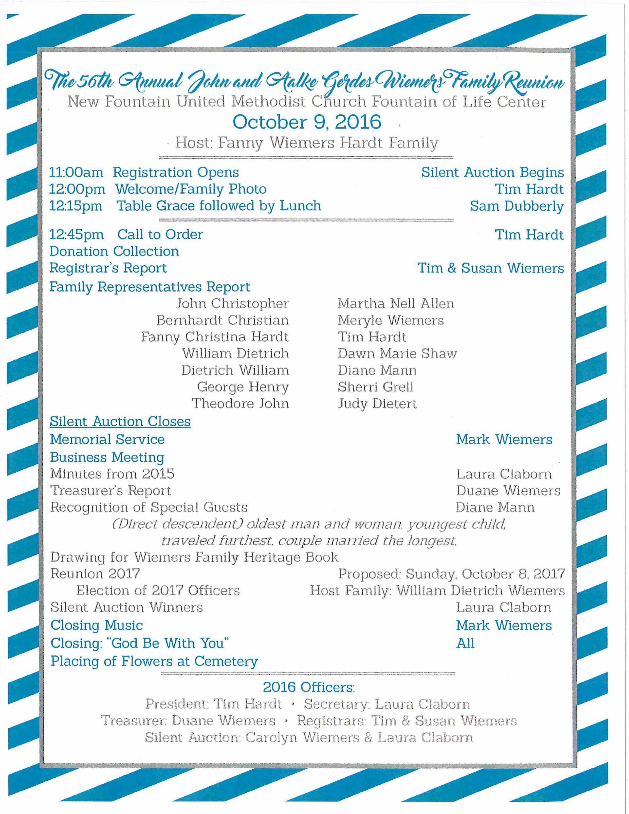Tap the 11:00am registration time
click(76, 173)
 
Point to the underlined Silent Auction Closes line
click(120, 422)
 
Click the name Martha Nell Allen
click(396, 304)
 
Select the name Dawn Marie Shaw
click(397, 354)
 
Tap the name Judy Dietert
click(377, 404)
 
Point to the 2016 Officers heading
click(309, 687)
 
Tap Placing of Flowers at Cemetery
click(154, 661)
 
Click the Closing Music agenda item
click(96, 625)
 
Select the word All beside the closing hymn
click(465, 643)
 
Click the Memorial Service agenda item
click(107, 439)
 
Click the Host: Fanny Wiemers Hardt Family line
click(306, 143)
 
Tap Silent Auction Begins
click(492, 173)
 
